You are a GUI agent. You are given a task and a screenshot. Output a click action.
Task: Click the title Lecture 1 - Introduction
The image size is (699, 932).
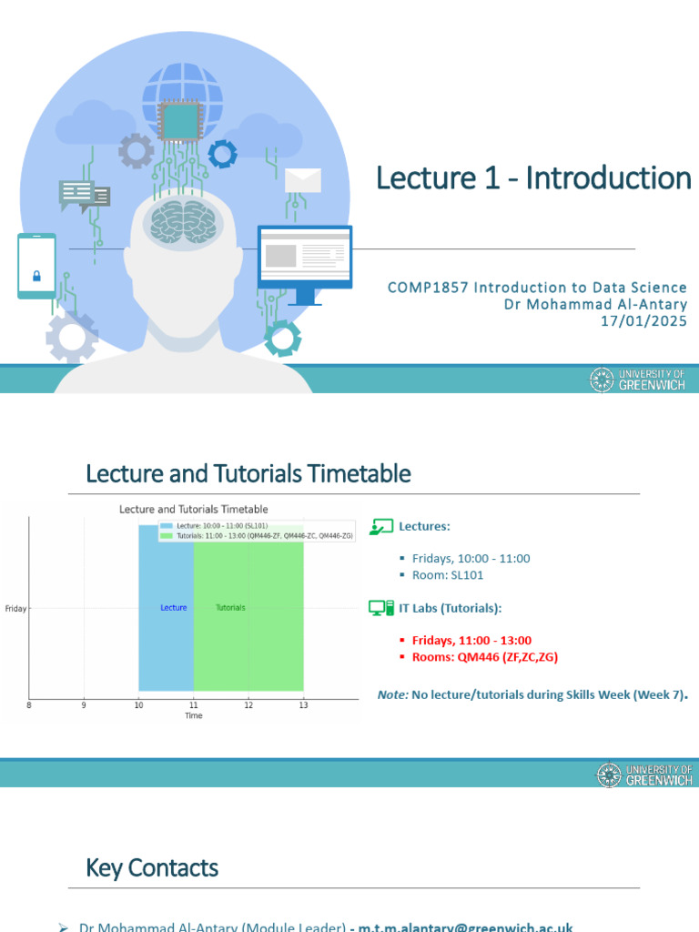(x=534, y=178)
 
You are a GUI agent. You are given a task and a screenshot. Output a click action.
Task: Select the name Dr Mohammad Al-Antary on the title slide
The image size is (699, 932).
(x=595, y=304)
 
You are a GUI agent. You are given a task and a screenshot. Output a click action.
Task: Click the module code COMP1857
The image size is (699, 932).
(x=425, y=288)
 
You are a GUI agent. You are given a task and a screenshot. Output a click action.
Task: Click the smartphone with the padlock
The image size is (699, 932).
(x=36, y=266)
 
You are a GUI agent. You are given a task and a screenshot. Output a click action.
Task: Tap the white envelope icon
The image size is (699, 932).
(x=302, y=180)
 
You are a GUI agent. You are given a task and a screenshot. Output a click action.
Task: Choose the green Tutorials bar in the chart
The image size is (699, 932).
(x=248, y=637)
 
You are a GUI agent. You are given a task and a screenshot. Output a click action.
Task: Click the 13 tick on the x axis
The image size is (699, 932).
(x=303, y=704)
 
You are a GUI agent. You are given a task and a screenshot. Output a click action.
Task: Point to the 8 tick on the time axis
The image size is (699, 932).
(x=29, y=704)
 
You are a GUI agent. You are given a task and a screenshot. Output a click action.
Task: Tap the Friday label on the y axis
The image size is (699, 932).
(x=15, y=608)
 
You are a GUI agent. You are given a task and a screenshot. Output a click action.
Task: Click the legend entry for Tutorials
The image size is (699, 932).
(x=255, y=536)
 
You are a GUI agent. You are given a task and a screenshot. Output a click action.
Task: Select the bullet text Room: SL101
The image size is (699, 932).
(x=447, y=575)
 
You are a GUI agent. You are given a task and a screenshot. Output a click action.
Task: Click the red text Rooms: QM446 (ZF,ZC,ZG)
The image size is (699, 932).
(x=484, y=656)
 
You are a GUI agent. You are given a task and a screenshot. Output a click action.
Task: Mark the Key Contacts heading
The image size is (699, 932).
(x=152, y=867)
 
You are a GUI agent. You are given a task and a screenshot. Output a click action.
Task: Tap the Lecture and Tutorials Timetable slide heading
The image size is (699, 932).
(x=248, y=473)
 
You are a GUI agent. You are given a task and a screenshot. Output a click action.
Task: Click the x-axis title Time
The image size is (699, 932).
(x=193, y=715)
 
